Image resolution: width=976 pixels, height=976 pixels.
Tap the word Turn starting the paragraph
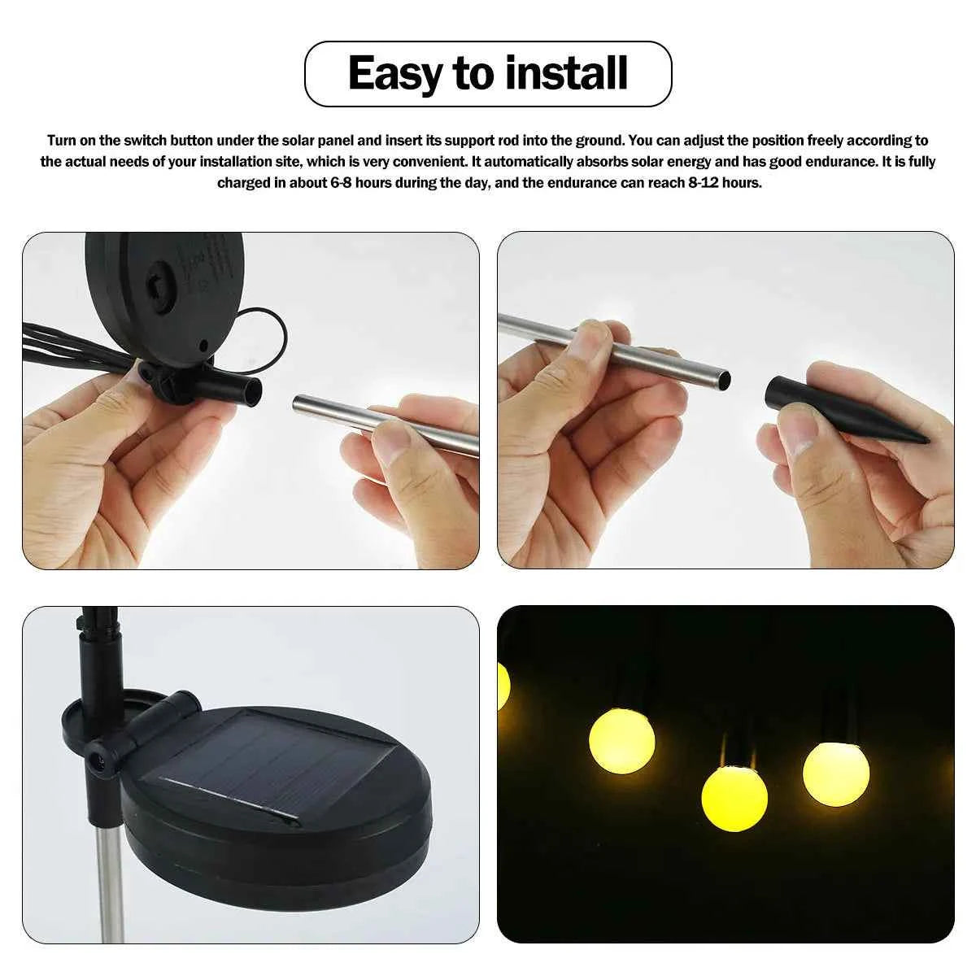[x=62, y=141]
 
